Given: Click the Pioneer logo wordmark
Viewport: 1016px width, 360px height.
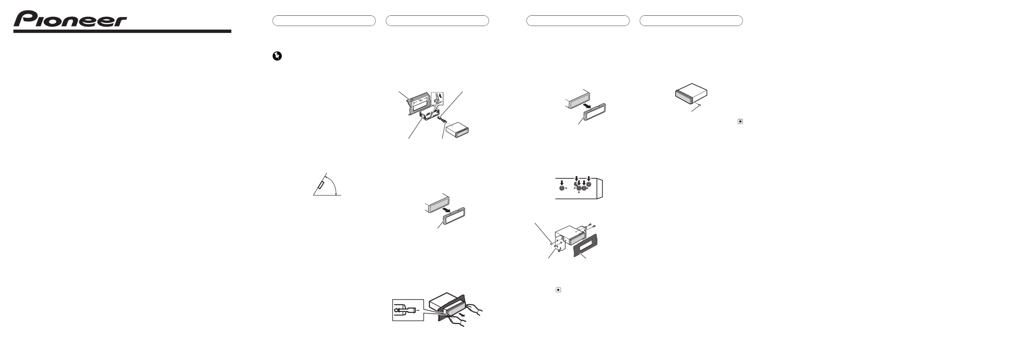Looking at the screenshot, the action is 70,19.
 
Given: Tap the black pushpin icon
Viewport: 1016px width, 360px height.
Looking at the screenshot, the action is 277,56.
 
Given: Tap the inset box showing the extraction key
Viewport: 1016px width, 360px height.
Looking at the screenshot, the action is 408,310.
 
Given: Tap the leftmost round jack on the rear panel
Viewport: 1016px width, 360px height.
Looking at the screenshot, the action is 562,189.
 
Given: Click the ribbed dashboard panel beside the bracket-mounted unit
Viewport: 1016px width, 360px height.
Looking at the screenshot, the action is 586,246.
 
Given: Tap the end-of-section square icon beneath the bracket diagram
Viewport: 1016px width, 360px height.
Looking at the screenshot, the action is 558,290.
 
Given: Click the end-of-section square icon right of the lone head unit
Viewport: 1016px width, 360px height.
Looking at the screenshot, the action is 740,121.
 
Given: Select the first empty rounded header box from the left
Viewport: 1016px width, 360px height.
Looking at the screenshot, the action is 324,20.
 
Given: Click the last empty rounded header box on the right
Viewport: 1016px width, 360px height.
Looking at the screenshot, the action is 691,20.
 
